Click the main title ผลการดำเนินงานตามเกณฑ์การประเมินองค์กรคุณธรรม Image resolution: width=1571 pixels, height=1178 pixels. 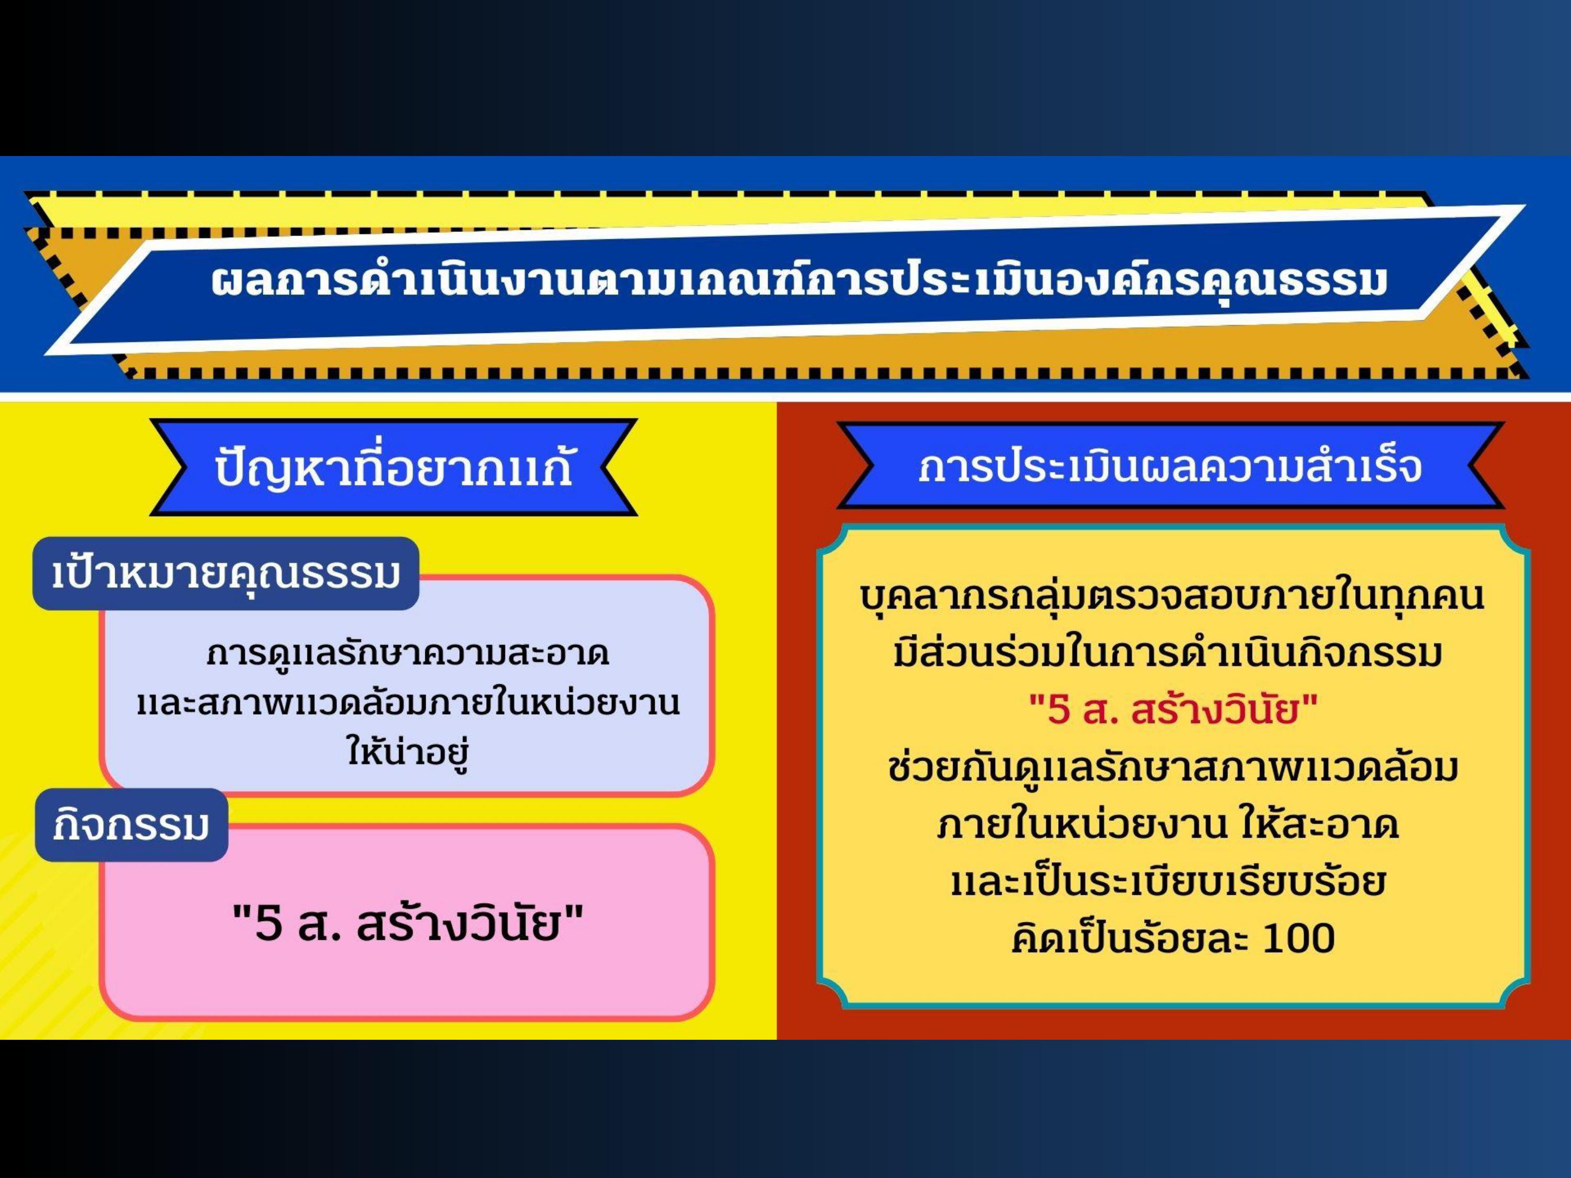(799, 281)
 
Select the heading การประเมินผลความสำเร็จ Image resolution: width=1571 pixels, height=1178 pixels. (1170, 467)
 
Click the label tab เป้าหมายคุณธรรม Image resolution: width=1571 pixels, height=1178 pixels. (226, 574)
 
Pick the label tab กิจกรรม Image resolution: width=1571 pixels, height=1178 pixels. (131, 825)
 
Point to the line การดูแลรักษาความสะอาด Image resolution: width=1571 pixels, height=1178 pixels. (408, 654)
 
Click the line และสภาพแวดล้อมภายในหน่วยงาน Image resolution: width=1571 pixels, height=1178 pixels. (408, 704)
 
